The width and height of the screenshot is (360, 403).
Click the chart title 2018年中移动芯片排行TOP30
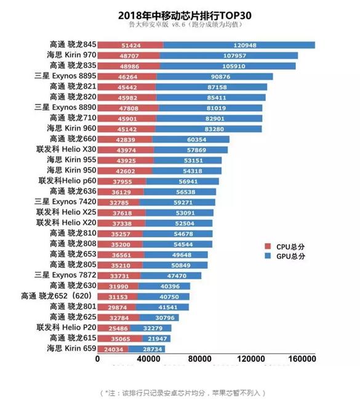(x=180, y=14)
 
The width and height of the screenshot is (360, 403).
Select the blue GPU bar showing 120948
(x=239, y=45)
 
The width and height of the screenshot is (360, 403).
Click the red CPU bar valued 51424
(x=130, y=45)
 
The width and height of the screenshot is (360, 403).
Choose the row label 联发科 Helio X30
(x=66, y=149)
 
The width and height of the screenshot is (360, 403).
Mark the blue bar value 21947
(x=158, y=338)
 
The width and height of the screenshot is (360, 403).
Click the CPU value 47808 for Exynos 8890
(x=128, y=107)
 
